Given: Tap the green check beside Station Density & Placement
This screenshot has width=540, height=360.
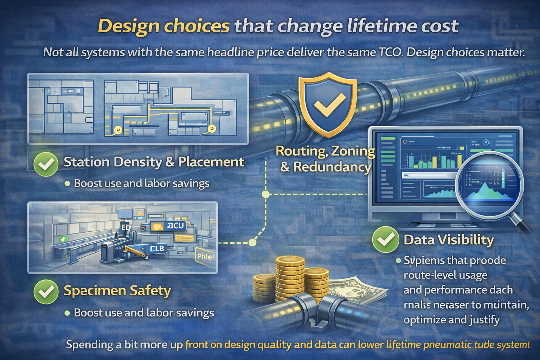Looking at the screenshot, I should point(46,164).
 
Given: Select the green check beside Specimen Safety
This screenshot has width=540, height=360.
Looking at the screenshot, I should point(46,292).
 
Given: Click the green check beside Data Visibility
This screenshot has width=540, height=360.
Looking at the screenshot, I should point(385,239).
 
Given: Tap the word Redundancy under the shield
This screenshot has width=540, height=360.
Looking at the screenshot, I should point(332,167).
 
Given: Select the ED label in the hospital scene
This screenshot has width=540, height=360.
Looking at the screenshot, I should point(126,227).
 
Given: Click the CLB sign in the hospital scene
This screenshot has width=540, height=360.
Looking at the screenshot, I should point(157,249).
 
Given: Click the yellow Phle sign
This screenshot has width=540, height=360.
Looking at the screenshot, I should point(205,257).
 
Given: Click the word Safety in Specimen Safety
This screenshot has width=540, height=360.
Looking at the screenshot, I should point(150,291).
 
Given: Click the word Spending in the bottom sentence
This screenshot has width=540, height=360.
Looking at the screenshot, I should point(90,345).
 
